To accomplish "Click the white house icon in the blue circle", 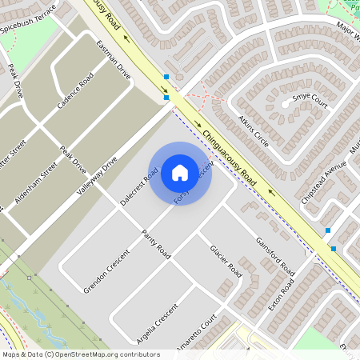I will pos(180,172).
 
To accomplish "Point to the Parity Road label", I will pos(156,242).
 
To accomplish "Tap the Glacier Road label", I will pos(226,261).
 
